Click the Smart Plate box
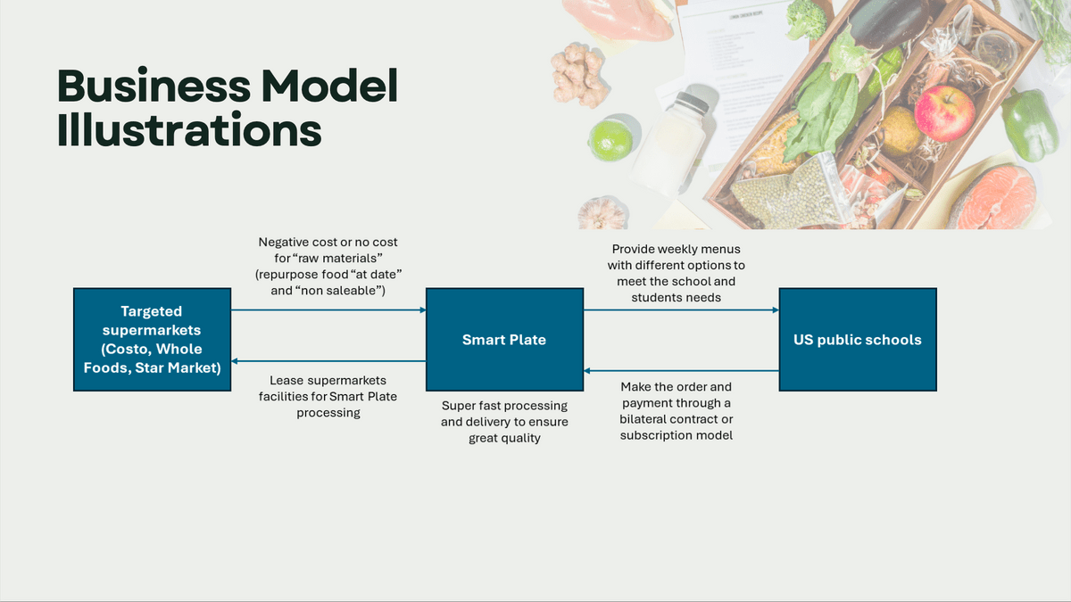(x=504, y=339)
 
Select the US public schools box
(x=858, y=339)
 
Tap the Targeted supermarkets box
(x=152, y=339)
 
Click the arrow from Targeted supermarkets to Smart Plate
(x=328, y=310)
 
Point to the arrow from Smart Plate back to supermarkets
(x=328, y=361)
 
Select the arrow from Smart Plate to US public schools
(x=681, y=310)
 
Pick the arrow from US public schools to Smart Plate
(x=681, y=371)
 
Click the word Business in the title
(x=154, y=86)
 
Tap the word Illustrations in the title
(x=189, y=130)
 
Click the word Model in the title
(x=330, y=86)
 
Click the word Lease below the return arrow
(x=286, y=380)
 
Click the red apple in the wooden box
(x=944, y=113)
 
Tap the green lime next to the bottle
(x=610, y=141)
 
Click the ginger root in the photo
(x=578, y=74)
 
